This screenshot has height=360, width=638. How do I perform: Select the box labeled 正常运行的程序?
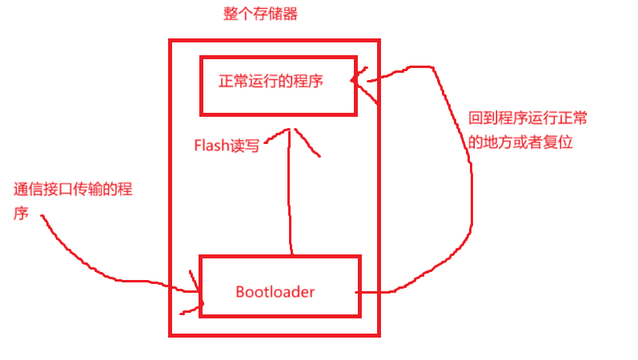(277, 86)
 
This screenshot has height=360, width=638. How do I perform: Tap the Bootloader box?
(279, 286)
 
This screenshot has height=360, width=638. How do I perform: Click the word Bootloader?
(275, 291)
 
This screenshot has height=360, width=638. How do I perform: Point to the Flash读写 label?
(227, 146)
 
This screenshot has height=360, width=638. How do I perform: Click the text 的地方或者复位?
(521, 142)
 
